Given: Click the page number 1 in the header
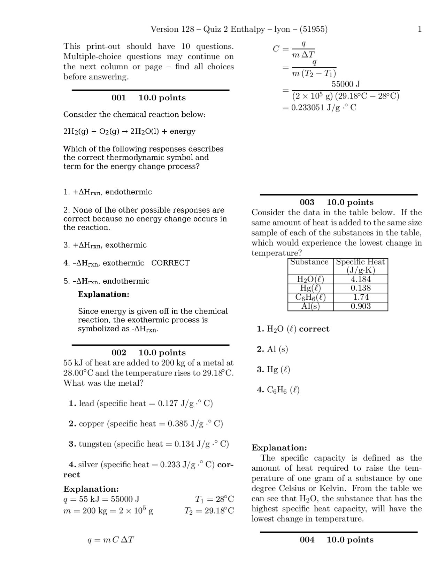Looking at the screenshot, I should tap(420, 29).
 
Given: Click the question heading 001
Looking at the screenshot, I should tap(118, 98).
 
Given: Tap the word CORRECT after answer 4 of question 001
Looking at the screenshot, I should tap(170, 263).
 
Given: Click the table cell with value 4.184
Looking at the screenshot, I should tap(361, 279).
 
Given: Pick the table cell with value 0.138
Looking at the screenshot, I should tap(361, 288).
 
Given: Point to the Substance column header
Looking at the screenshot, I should tap(309, 262).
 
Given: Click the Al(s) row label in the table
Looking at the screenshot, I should tap(310, 306).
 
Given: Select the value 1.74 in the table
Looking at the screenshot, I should tap(361, 297).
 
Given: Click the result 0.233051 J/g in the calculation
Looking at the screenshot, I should tap(319, 108).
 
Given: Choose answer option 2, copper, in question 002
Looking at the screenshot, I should tap(146, 424).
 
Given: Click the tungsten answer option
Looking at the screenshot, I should tap(149, 444).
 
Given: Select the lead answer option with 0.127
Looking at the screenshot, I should tap(141, 403).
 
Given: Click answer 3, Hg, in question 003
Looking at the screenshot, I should tap(274, 370).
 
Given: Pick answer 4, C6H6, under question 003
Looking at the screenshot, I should tap(278, 390).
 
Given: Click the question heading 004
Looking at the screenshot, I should tap(307, 540).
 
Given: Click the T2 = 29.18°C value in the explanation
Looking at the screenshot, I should tap(209, 511).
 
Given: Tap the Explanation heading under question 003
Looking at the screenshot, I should tap(279, 448).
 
